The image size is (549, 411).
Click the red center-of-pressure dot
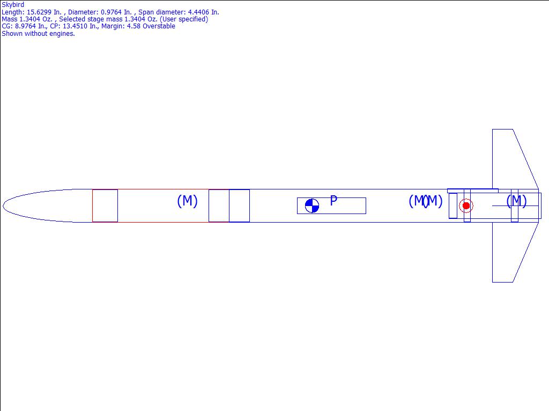466,205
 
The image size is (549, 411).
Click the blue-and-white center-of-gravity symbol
312,205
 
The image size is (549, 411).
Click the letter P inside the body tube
333,201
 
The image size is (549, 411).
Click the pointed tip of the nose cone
3,205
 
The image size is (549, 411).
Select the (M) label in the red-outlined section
187,201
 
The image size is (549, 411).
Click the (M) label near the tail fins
516,201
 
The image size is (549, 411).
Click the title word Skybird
13,5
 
